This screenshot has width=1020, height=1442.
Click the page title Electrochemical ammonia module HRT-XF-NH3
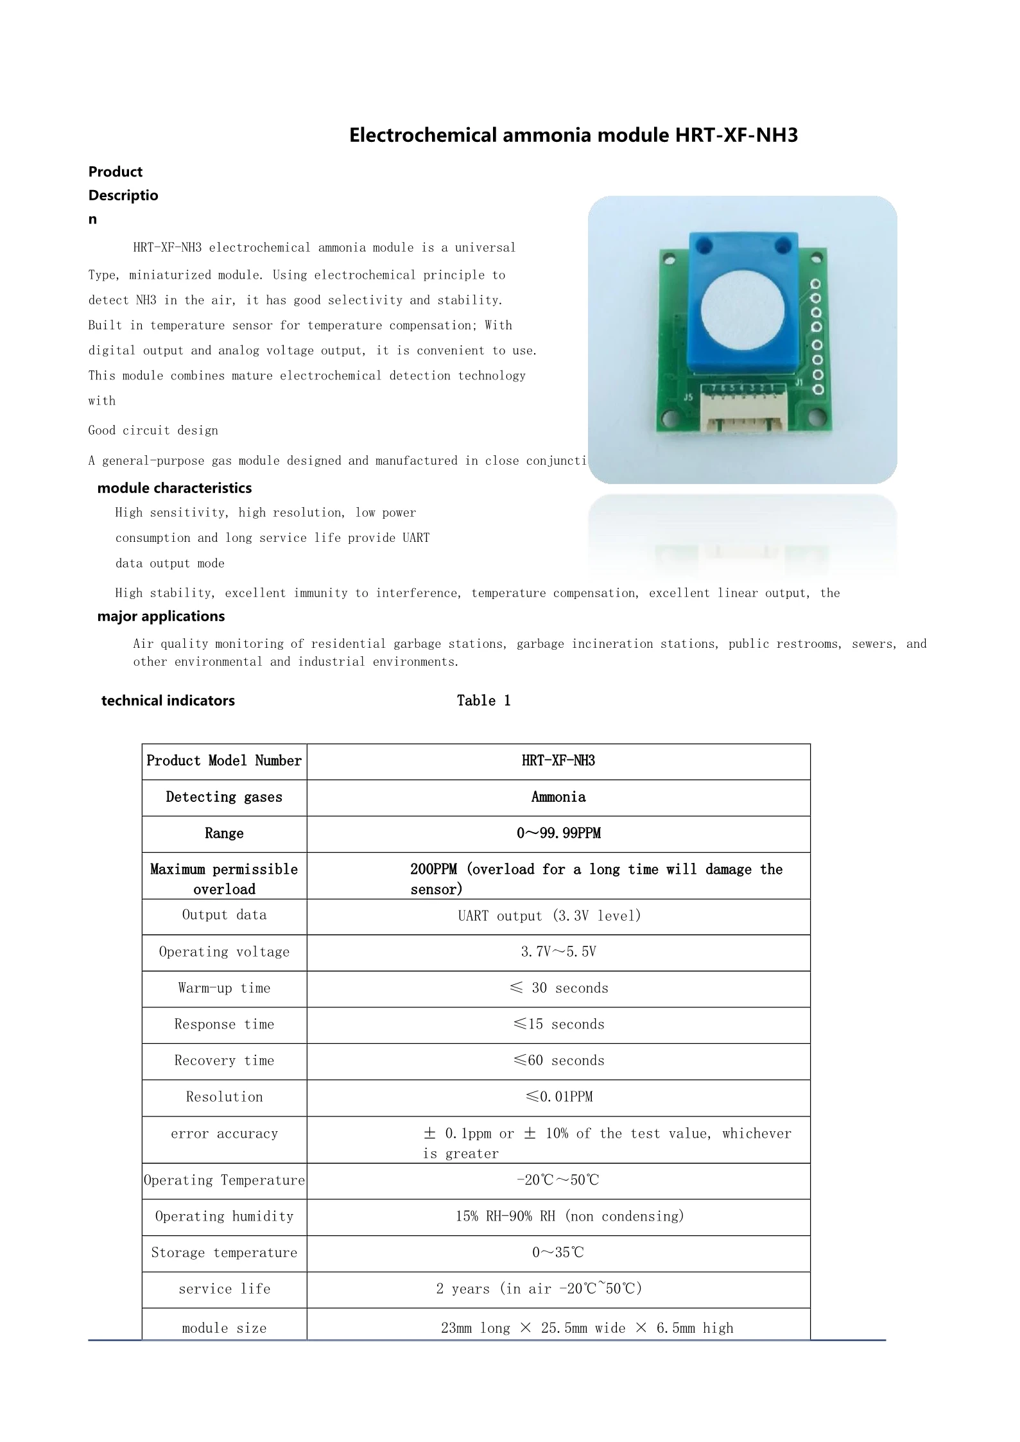point(573,135)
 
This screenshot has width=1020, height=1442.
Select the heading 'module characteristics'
point(174,488)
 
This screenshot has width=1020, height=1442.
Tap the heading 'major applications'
point(160,616)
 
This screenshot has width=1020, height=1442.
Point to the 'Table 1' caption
point(483,700)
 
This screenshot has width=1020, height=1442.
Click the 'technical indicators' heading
point(168,700)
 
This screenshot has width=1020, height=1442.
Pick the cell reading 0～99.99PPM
point(558,833)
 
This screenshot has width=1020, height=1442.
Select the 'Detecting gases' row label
point(224,797)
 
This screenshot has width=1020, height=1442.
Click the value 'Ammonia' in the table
point(558,797)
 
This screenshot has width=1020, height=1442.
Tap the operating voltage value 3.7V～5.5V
point(558,952)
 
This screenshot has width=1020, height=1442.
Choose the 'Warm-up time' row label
point(224,988)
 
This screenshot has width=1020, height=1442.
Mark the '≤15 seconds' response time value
point(558,1025)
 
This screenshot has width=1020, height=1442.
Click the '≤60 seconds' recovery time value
point(558,1061)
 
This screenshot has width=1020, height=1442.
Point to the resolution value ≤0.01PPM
point(558,1097)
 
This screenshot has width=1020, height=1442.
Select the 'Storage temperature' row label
point(224,1253)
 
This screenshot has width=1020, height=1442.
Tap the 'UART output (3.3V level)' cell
point(549,916)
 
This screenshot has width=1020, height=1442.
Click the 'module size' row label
point(224,1328)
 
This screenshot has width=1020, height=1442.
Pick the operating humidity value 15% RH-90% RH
point(570,1217)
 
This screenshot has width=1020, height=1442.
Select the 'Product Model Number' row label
point(224,761)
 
